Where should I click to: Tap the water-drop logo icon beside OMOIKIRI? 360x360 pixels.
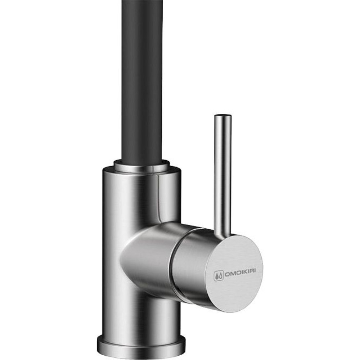click(219, 276)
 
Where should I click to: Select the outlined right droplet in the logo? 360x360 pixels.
click(220, 276)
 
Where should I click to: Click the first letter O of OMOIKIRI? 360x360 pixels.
click(226, 275)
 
